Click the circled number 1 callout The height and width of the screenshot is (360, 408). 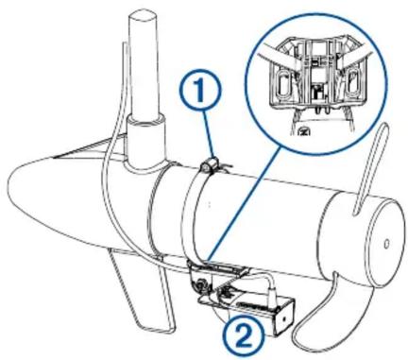(x=200, y=92)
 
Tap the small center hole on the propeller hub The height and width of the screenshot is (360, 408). (x=386, y=243)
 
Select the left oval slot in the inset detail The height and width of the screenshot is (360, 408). (x=283, y=84)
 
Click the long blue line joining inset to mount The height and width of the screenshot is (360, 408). (x=244, y=205)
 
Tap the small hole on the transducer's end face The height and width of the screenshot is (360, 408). (x=284, y=318)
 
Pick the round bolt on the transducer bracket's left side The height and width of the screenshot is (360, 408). (x=200, y=285)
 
